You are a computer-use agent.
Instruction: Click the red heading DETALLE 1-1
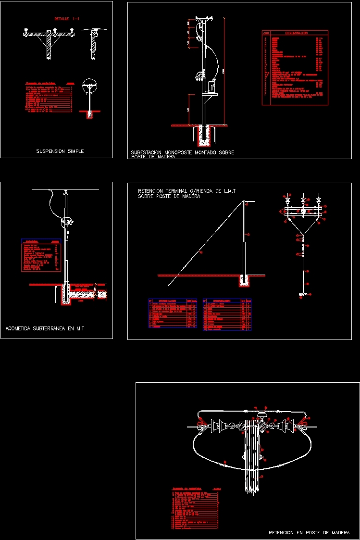(x=67, y=19)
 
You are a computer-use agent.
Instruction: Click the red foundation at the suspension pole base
(x=88, y=114)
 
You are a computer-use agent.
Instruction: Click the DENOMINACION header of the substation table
(x=296, y=33)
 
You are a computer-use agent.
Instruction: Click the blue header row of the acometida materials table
(x=41, y=241)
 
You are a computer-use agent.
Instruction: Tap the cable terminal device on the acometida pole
(x=66, y=221)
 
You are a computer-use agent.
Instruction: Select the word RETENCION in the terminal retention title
(x=154, y=191)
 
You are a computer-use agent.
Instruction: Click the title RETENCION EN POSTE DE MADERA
(x=309, y=533)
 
